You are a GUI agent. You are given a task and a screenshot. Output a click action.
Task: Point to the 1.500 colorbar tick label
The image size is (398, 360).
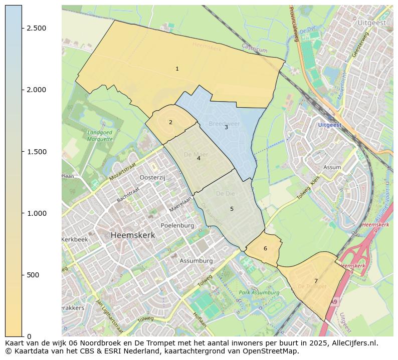click(x=37, y=152)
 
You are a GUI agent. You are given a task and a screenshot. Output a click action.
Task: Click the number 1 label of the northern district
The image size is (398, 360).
click(x=177, y=69)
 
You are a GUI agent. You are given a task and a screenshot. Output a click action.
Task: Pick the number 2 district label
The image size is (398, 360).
click(x=170, y=122)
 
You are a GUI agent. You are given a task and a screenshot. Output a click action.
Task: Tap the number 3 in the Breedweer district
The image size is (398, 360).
click(x=226, y=127)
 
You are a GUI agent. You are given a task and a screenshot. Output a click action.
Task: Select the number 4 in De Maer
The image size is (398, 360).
click(x=198, y=158)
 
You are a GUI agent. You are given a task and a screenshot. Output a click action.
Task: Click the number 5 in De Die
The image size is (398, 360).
click(x=232, y=209)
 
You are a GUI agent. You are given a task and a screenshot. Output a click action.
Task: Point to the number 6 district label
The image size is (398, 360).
click(x=265, y=248)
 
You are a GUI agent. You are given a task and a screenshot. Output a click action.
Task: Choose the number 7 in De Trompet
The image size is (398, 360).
click(x=316, y=281)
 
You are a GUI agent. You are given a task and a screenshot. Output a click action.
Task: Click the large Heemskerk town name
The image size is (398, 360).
click(x=133, y=235)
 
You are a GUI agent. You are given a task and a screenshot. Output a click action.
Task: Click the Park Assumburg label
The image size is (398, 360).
click(x=259, y=292)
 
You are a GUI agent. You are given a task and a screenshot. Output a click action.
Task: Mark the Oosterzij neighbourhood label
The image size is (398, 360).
click(x=152, y=177)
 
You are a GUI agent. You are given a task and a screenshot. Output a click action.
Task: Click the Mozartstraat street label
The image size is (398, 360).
click(x=123, y=171)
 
